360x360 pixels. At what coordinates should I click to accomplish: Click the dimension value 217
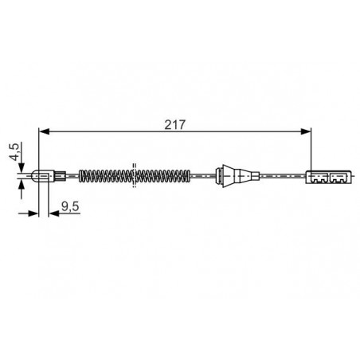174,125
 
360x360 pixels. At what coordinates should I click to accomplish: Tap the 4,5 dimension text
14,152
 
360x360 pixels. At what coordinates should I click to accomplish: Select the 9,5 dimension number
70,206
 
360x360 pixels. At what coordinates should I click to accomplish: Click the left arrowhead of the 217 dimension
44,131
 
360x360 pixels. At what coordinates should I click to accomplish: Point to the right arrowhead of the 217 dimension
306,131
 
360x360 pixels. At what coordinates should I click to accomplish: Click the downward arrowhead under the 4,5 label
22,167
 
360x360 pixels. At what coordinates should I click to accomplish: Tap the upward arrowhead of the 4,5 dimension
22,184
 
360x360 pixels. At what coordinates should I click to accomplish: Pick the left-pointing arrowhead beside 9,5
54,213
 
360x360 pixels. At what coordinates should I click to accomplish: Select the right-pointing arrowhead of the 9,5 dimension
33,213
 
